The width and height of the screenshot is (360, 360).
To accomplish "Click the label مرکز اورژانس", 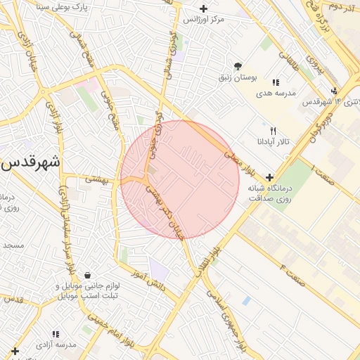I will pyautogui.click(x=203, y=19).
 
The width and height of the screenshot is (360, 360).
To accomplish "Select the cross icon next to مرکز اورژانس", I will pyautogui.click(x=204, y=8).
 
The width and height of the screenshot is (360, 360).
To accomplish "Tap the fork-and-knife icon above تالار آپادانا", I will pyautogui.click(x=274, y=131).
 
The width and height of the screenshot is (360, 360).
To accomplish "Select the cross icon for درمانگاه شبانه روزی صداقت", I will pyautogui.click(x=269, y=177).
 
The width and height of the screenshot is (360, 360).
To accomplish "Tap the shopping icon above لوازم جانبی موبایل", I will pyautogui.click(x=86, y=275).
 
